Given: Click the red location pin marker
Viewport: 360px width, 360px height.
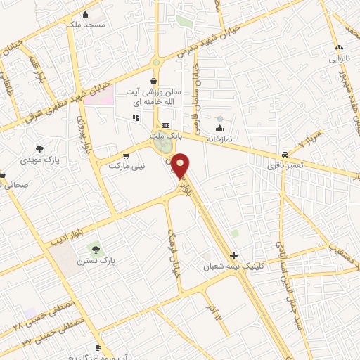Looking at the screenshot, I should point(181,167).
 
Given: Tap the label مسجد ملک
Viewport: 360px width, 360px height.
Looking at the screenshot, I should point(85,24).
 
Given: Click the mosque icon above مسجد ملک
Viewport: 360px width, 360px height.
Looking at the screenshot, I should point(85,14).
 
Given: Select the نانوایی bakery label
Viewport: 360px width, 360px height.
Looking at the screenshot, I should point(335,59).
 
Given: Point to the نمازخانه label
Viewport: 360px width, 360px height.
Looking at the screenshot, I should point(219,139).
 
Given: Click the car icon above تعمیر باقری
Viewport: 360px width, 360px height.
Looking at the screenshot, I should point(283,154).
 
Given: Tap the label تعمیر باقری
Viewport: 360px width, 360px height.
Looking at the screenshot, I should point(283,167).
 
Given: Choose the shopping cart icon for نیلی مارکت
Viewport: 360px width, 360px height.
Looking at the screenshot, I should point(126,156).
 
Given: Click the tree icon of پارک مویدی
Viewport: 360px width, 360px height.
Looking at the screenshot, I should point(39,149).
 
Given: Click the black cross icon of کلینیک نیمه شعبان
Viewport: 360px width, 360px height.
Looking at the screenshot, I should point(234,256).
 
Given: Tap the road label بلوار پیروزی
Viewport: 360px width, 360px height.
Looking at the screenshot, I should point(82,138).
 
